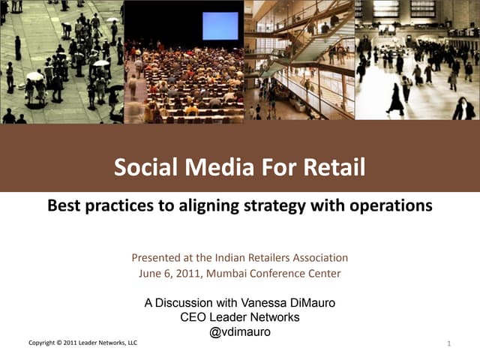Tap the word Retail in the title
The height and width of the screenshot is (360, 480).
335,166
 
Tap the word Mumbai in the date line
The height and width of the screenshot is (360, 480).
222,274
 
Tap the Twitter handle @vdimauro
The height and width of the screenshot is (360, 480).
239,331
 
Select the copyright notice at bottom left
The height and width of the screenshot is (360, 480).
82,343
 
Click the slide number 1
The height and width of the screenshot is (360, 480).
447,344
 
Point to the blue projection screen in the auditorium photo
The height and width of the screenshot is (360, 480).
220,25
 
